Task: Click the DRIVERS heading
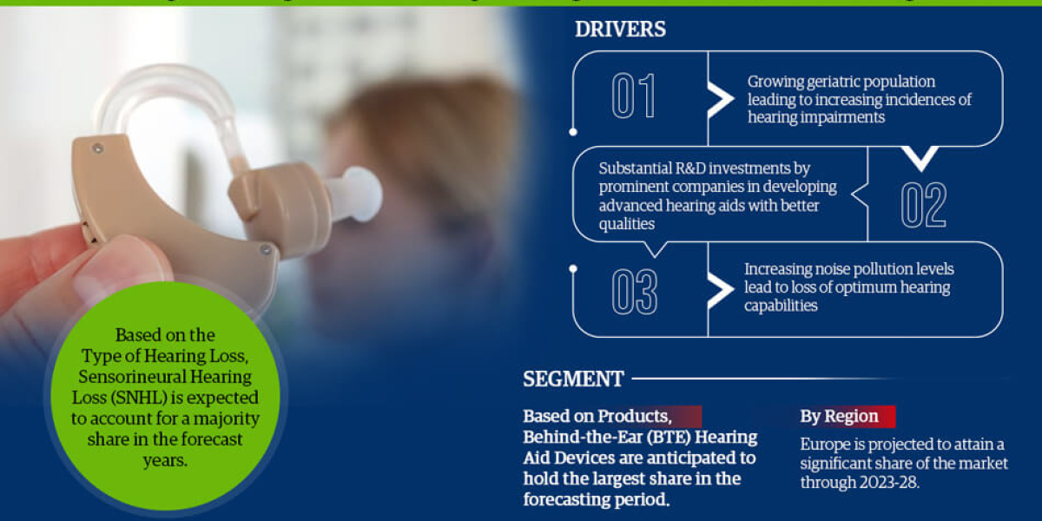[620, 29]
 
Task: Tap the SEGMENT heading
[573, 379]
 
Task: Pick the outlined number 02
[922, 205]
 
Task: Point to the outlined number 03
[634, 292]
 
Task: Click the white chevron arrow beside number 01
[721, 99]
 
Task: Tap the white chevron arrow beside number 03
[721, 291]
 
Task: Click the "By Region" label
[839, 416]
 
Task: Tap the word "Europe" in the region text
[823, 445]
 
